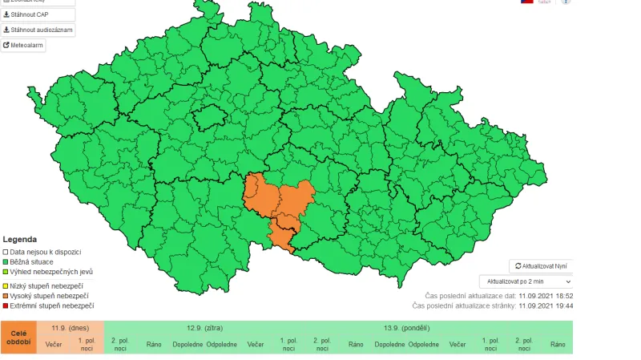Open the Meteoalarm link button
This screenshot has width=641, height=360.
[24, 46]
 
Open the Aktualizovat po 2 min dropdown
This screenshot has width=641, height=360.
[526, 281]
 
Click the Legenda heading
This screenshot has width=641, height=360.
[19, 239]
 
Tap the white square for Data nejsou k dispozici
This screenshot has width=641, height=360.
[6, 252]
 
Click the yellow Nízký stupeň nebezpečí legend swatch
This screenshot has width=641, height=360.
[6, 285]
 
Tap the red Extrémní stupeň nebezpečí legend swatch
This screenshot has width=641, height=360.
[6, 305]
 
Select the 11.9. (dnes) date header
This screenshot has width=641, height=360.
[70, 328]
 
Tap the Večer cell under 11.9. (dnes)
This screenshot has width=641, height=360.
[54, 344]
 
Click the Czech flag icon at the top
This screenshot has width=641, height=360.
[526, 2]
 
